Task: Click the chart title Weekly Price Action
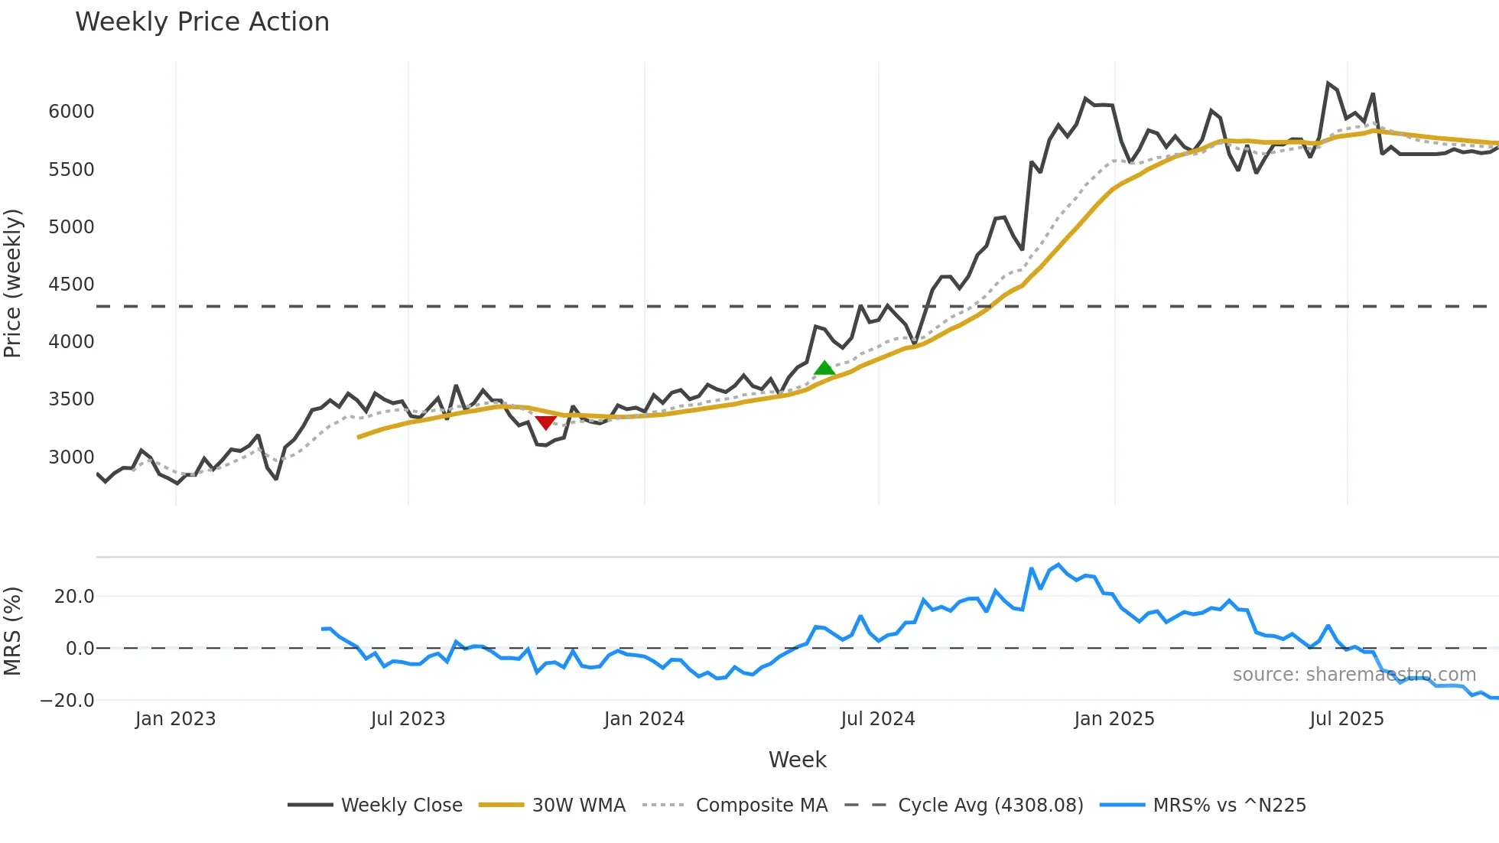click(x=202, y=21)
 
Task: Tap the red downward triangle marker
click(x=545, y=422)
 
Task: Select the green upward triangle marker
click(x=824, y=368)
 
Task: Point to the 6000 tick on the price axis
click(x=71, y=112)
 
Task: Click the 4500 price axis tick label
click(x=71, y=285)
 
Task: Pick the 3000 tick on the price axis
click(x=71, y=457)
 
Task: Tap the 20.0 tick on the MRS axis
click(x=73, y=597)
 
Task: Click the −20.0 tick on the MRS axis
click(x=67, y=701)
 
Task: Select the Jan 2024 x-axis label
click(x=644, y=719)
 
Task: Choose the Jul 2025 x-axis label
click(x=1347, y=719)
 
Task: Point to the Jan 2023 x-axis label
click(x=175, y=719)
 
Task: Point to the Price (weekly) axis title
click(x=13, y=283)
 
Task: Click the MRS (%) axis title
click(x=13, y=631)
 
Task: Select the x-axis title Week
click(x=797, y=760)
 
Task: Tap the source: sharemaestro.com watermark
click(x=1354, y=675)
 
